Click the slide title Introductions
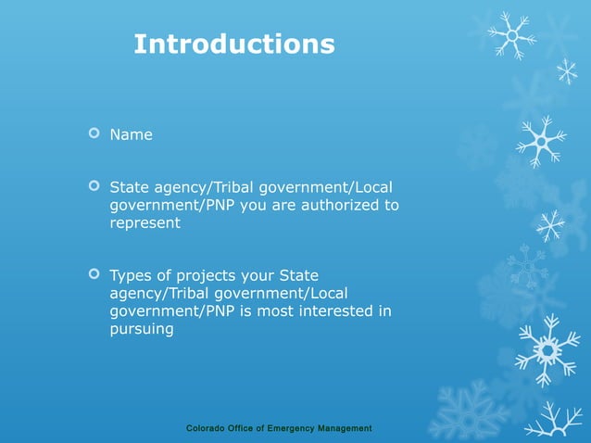coord(234,44)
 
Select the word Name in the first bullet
coord(131,135)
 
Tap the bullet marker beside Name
coord(93,134)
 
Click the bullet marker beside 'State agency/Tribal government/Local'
coord(93,186)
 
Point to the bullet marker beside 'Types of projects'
coord(93,274)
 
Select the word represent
coord(145,223)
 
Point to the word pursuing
coord(142,329)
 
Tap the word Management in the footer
coord(344,428)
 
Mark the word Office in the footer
coord(245,428)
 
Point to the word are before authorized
coord(287,205)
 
